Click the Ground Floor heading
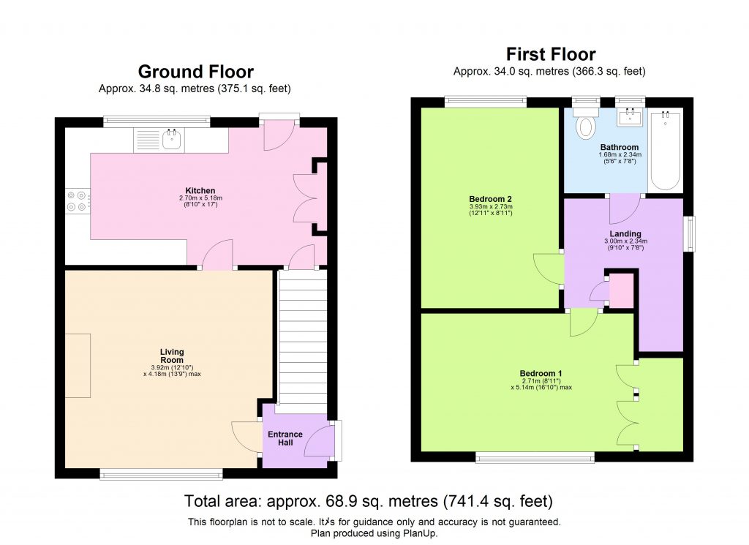[195, 72]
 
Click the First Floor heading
[550, 54]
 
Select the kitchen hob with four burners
[78, 201]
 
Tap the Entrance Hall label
[285, 439]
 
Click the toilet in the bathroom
[586, 127]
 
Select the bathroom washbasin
[629, 118]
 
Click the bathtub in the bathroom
[666, 150]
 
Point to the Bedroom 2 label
[489, 199]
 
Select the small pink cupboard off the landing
[622, 290]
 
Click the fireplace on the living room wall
[78, 365]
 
